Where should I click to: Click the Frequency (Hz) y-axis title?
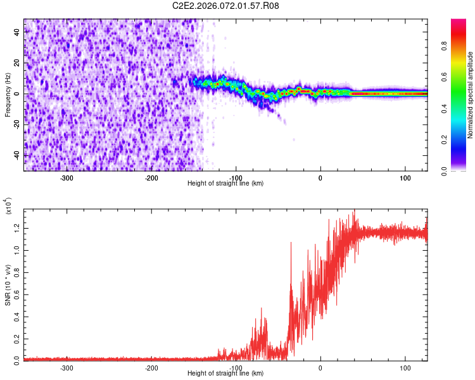[8, 95]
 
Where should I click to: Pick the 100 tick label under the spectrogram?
[405, 177]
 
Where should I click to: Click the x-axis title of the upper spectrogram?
[225, 184]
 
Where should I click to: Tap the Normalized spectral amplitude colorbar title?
[471, 95]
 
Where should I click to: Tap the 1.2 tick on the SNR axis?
[16, 227]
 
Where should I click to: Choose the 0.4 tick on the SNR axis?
[16, 315]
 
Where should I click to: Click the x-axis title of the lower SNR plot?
[225, 374]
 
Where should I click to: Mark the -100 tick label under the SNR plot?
[236, 367]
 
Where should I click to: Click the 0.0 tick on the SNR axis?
[16, 359]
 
